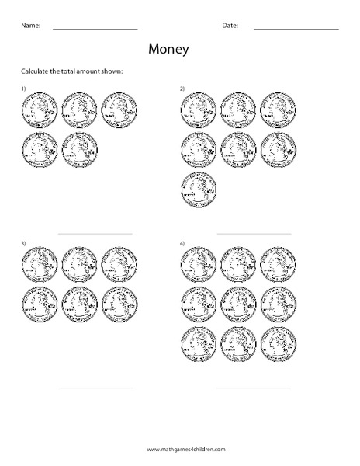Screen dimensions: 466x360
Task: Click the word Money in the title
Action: [x=167, y=50]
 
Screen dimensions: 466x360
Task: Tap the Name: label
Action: [x=30, y=26]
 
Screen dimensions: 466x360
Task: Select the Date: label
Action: [x=230, y=26]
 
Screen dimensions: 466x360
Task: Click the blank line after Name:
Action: [x=95, y=29]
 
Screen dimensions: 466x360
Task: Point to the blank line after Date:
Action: [x=296, y=29]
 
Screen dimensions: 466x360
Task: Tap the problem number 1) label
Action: [x=24, y=89]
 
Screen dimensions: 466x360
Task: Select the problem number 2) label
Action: [x=182, y=89]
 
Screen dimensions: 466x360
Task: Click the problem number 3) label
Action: [x=24, y=244]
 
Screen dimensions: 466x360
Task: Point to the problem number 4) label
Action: [x=182, y=244]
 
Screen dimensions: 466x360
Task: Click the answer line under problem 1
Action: [x=95, y=234]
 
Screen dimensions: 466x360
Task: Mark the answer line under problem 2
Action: [x=254, y=234]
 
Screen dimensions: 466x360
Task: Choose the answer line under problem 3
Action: [x=95, y=388]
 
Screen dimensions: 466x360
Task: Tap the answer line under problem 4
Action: [x=254, y=388]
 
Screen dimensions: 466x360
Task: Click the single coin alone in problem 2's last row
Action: [x=198, y=190]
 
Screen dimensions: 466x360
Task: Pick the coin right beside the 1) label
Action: [x=40, y=110]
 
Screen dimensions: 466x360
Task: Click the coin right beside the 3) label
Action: [x=40, y=265]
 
